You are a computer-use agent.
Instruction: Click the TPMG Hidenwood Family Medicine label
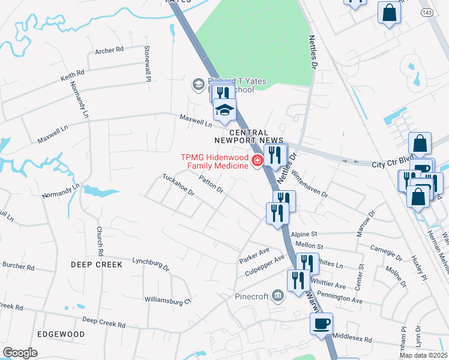[x=214, y=162]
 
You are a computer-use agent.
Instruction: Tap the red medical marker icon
[x=257, y=160]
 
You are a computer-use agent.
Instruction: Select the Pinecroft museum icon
[x=277, y=295]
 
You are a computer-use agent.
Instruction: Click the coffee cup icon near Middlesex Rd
[x=321, y=323]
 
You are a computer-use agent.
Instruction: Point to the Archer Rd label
[x=109, y=50]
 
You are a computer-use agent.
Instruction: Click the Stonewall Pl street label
[x=146, y=62]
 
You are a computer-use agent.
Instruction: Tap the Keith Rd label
[x=72, y=76]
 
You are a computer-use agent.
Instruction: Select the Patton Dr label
[x=211, y=185]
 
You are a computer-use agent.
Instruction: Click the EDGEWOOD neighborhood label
[x=60, y=334]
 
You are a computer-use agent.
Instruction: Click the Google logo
[x=20, y=353]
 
